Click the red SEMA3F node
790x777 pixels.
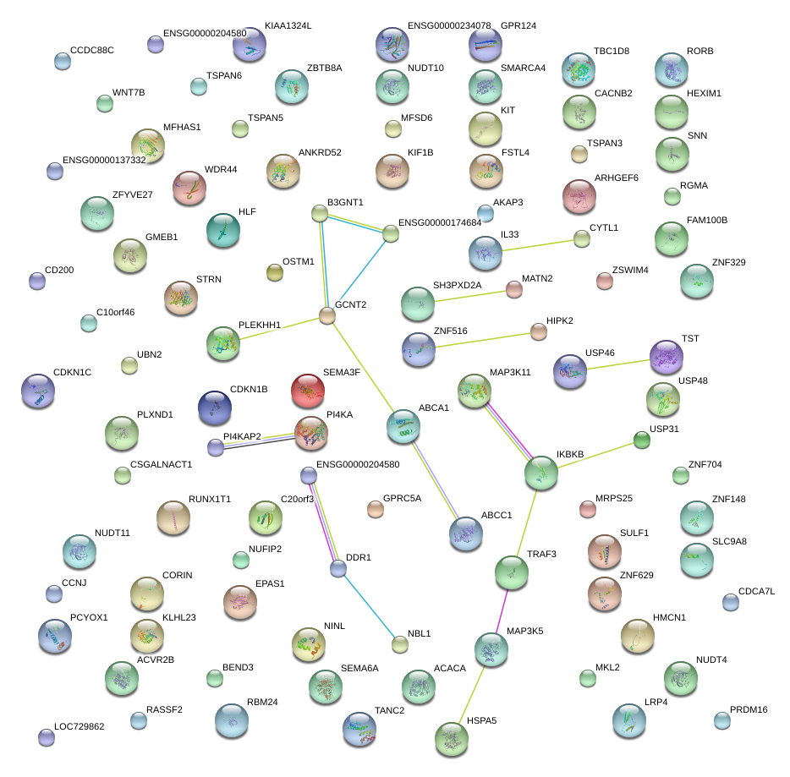307,390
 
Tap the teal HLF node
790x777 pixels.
223,229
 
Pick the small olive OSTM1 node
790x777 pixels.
275,271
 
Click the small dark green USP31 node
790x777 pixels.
642,440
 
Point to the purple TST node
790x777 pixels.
666,356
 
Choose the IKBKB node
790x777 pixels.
540,473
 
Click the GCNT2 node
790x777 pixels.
327,316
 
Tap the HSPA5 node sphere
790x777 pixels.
451,738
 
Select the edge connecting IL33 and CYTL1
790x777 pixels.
541,245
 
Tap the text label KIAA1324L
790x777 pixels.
288,26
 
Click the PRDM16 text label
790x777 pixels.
749,709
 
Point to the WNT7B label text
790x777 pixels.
129,91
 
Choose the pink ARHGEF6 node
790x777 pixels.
579,196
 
